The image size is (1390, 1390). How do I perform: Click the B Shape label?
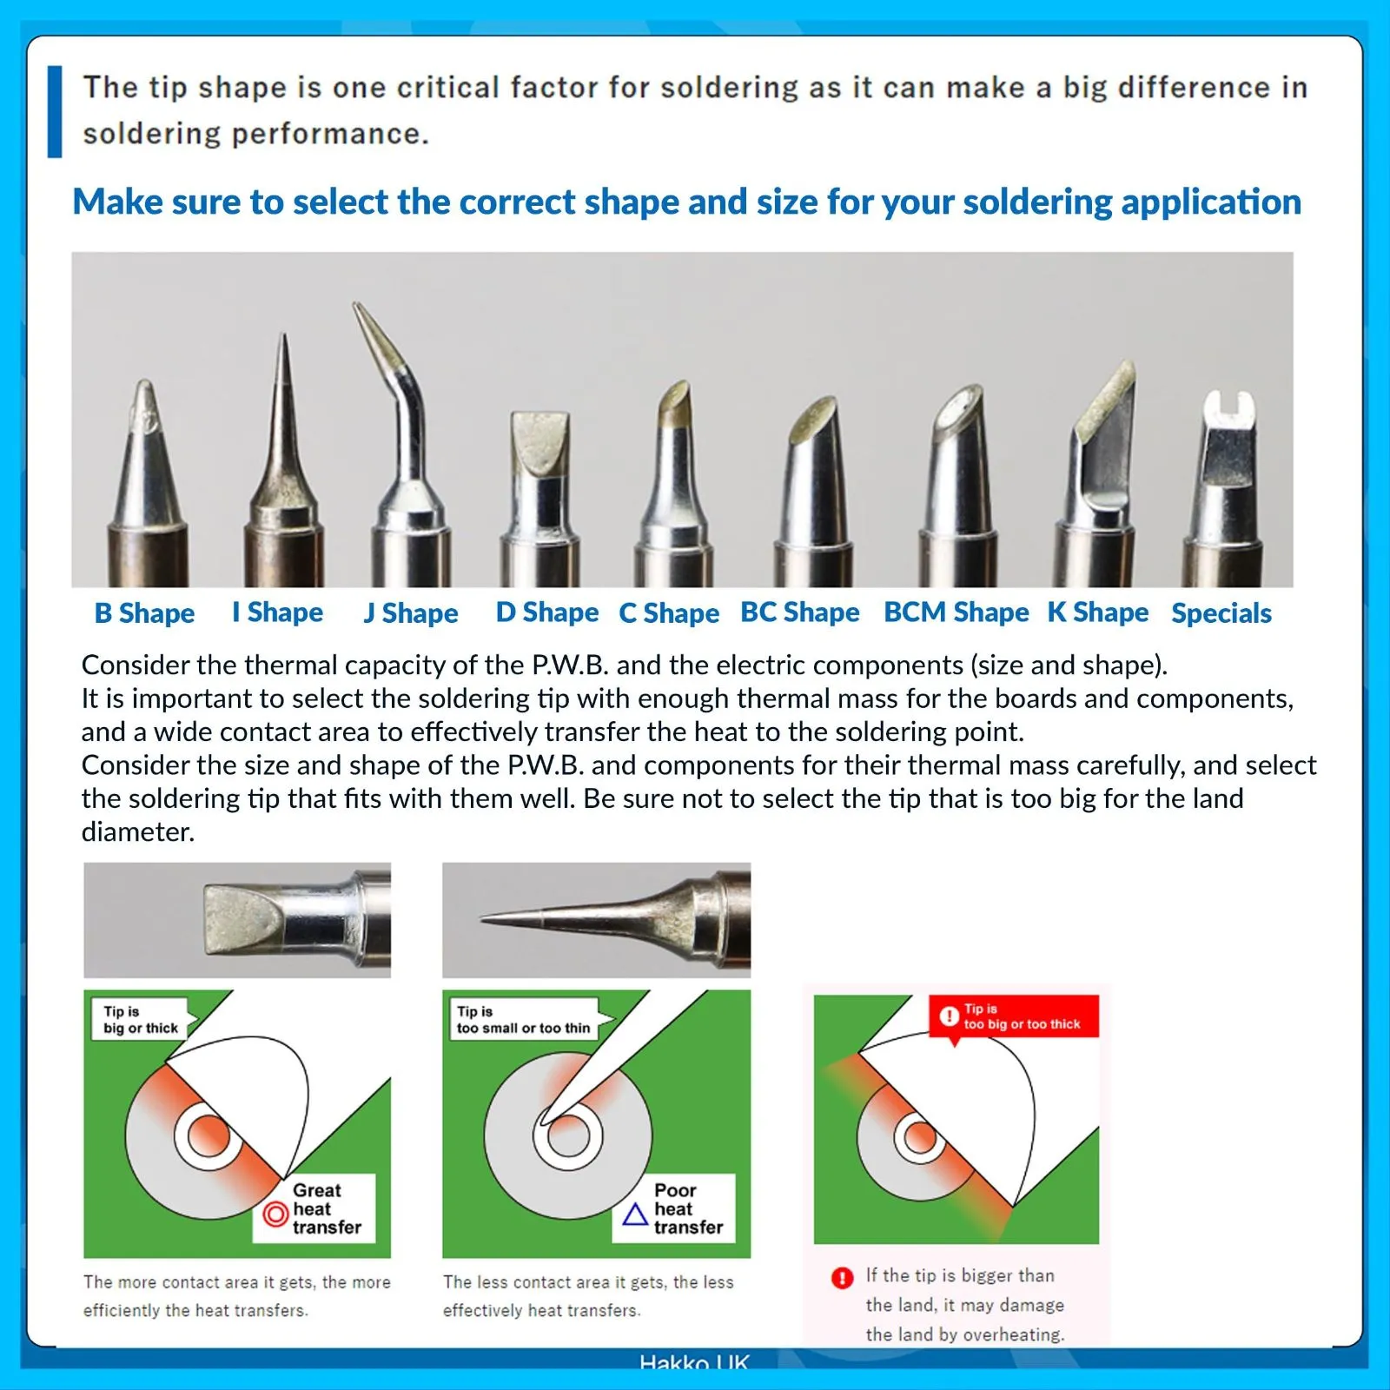(144, 613)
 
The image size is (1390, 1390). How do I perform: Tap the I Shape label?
(277, 612)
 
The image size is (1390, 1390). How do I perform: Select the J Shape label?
(411, 613)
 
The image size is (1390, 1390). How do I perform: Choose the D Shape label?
(547, 612)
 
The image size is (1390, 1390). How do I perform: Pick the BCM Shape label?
(956, 612)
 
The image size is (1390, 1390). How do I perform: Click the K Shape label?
(1098, 612)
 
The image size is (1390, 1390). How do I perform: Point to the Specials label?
(1221, 613)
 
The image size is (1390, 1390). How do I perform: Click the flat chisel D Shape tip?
(540, 495)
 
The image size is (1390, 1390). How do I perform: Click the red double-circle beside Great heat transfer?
(275, 1214)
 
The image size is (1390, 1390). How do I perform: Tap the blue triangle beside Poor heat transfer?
(636, 1214)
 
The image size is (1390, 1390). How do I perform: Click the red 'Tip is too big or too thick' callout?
(1014, 1017)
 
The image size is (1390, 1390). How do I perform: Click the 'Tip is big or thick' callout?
(144, 1019)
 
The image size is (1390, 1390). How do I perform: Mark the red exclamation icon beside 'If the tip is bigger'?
(842, 1278)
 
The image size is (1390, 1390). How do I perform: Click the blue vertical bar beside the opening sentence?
(55, 111)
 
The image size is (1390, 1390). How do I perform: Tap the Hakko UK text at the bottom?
(694, 1362)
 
